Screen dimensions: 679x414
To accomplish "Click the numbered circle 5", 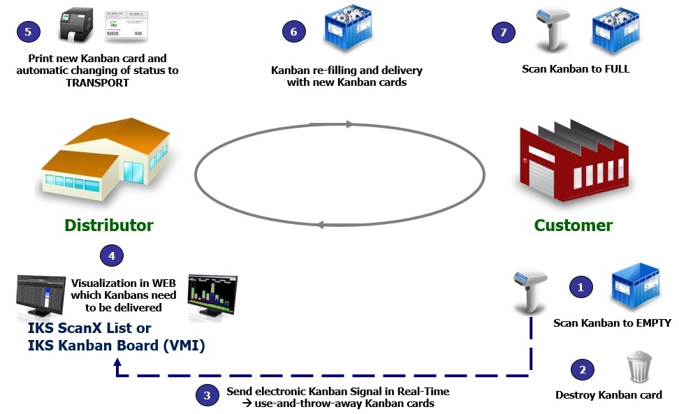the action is pyautogui.click(x=29, y=31).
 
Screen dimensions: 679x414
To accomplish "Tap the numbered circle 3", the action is pyautogui.click(x=207, y=394).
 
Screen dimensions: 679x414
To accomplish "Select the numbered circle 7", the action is pyautogui.click(x=503, y=32).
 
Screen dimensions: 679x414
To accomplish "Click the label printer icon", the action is pyautogui.click(x=76, y=26).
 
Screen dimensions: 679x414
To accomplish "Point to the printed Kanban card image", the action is pyautogui.click(x=126, y=26).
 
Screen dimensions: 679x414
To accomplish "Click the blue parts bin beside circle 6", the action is pyautogui.click(x=348, y=27).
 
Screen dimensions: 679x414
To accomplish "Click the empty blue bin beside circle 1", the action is pyautogui.click(x=635, y=285).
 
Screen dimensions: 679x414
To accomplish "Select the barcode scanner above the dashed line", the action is pyautogui.click(x=530, y=290).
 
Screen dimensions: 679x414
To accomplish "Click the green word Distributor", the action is pyautogui.click(x=109, y=226).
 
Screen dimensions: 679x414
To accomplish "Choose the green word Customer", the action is pyautogui.click(x=574, y=226).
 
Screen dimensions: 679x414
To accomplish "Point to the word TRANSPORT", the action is pyautogui.click(x=97, y=82).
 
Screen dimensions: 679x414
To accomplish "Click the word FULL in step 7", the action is pyautogui.click(x=617, y=69).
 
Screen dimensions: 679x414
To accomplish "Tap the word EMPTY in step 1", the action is pyautogui.click(x=653, y=323).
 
